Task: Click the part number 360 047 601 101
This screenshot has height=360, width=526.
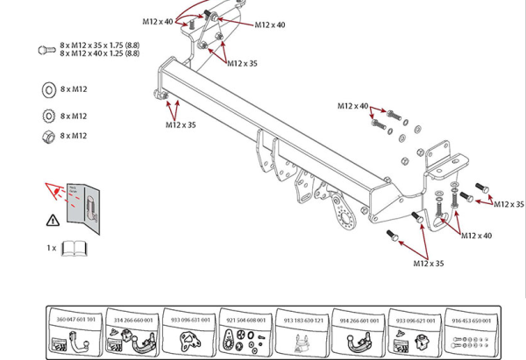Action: click(75, 320)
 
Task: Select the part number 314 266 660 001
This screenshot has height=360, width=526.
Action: click(132, 320)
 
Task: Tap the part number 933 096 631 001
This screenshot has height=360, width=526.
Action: click(189, 320)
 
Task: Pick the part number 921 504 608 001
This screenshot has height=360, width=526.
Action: click(246, 320)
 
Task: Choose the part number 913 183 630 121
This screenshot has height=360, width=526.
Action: click(303, 320)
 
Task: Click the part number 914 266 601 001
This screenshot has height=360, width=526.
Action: click(359, 320)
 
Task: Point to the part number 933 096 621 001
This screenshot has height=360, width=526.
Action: click(416, 320)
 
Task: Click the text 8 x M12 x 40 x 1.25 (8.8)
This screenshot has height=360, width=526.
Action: click(99, 53)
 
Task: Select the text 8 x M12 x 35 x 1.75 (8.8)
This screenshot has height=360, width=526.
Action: click(99, 44)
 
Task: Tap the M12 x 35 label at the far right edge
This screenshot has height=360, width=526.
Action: click(508, 204)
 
